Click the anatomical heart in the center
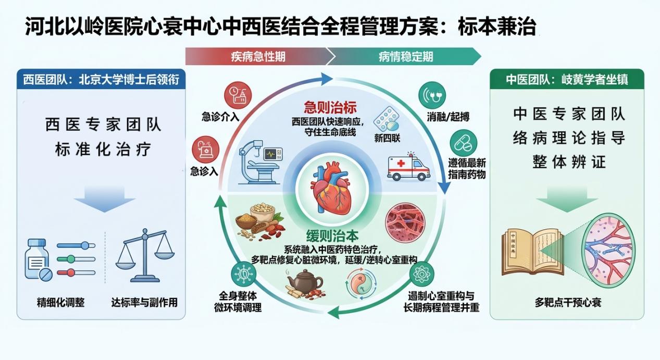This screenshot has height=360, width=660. click(332, 189)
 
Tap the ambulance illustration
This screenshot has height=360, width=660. click(409, 167)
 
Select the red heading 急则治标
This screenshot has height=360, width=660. click(330, 107)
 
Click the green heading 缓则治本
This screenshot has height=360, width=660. click(332, 236)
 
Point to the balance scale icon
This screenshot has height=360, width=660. click(145, 255)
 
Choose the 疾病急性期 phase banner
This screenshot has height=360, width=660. click(257, 56)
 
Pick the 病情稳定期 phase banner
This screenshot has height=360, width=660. click(405, 56)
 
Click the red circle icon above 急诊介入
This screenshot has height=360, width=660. click(238, 95)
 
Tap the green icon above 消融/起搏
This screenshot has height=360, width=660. click(432, 95)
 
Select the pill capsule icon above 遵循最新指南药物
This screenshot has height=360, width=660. click(464, 143)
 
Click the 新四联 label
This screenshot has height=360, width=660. click(387, 138)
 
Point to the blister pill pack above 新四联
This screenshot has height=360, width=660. click(387, 119)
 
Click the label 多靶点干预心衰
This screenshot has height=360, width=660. click(568, 302)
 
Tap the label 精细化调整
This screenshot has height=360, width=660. click(61, 302)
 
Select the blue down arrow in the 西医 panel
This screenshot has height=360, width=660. click(104, 200)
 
